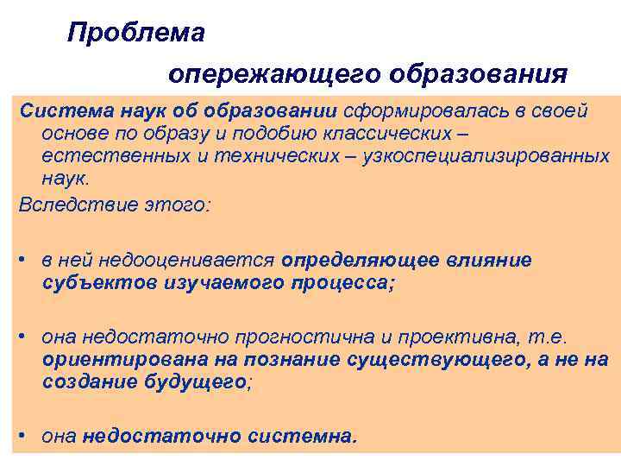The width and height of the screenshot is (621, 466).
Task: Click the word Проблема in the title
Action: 136,33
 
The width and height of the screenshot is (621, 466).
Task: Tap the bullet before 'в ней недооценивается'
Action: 28,259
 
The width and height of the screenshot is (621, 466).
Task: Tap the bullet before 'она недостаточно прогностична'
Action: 28,337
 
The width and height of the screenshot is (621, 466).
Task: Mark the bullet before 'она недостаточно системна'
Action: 28,437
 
